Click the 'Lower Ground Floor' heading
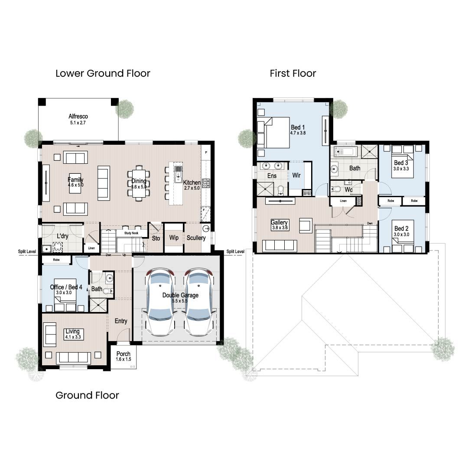103,73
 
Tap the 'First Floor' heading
293,73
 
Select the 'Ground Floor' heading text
87,395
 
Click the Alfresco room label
78,117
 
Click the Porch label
123,354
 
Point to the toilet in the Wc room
336,189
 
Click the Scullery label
196,238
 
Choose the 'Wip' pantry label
174,238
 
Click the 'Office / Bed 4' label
63,287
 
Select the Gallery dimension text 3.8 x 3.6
280,228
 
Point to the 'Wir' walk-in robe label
297,175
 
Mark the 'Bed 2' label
401,228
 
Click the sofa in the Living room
73,357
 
